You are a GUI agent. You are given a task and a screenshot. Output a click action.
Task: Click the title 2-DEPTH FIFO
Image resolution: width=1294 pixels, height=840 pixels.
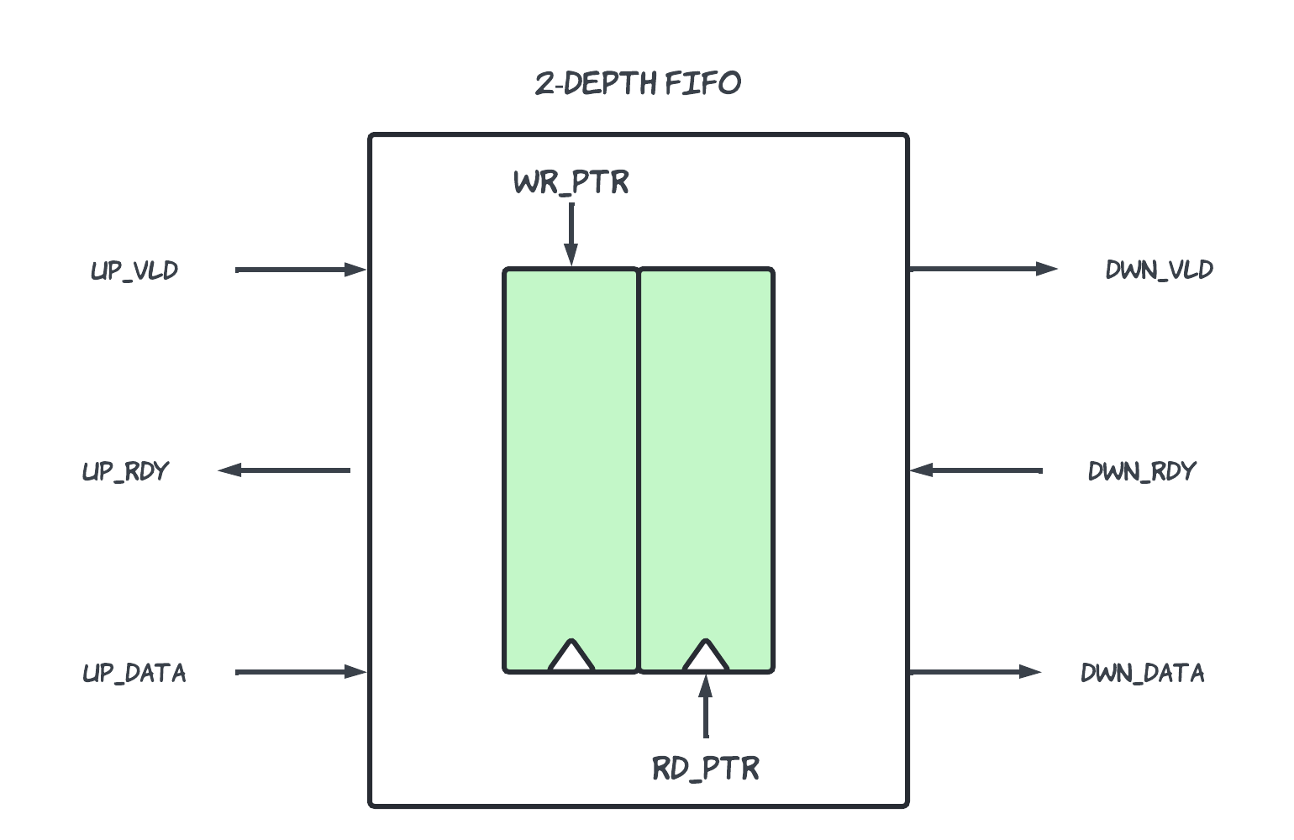(638, 83)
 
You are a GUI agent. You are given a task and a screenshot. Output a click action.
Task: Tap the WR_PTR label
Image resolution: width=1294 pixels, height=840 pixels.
(571, 182)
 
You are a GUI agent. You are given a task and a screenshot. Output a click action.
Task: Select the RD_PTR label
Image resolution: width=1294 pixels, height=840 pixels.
(705, 769)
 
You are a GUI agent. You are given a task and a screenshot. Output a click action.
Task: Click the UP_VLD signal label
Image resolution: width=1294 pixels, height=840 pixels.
(134, 270)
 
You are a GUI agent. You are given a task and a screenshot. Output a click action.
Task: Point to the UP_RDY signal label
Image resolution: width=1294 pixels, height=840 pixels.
(125, 471)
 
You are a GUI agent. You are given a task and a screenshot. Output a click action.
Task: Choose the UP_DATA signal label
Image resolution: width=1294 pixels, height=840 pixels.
(134, 673)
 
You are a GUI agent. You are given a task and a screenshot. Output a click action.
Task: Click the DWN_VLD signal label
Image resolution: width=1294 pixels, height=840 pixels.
(1159, 270)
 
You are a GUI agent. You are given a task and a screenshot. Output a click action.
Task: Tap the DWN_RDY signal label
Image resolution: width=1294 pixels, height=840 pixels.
(1141, 471)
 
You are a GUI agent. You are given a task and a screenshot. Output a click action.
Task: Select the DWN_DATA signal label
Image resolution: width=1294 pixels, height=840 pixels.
(1142, 673)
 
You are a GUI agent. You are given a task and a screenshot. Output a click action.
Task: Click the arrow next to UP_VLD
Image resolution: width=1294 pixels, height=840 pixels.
(301, 270)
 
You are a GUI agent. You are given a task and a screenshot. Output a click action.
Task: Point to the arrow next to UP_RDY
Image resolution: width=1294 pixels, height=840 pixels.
(284, 470)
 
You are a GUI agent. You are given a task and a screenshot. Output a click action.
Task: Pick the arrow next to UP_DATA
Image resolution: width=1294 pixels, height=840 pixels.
(301, 672)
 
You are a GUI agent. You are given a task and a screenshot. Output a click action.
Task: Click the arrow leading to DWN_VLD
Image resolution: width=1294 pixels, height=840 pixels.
(983, 269)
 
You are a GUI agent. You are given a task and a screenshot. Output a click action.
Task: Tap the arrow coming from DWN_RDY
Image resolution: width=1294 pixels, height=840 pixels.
(976, 470)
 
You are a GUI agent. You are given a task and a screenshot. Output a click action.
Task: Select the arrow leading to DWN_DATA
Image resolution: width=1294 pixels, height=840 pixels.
(975, 672)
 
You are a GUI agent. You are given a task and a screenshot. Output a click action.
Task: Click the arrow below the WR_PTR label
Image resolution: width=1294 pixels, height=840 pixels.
(571, 234)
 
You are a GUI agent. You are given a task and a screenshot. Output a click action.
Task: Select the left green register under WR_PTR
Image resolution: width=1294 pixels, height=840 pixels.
(571, 470)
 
